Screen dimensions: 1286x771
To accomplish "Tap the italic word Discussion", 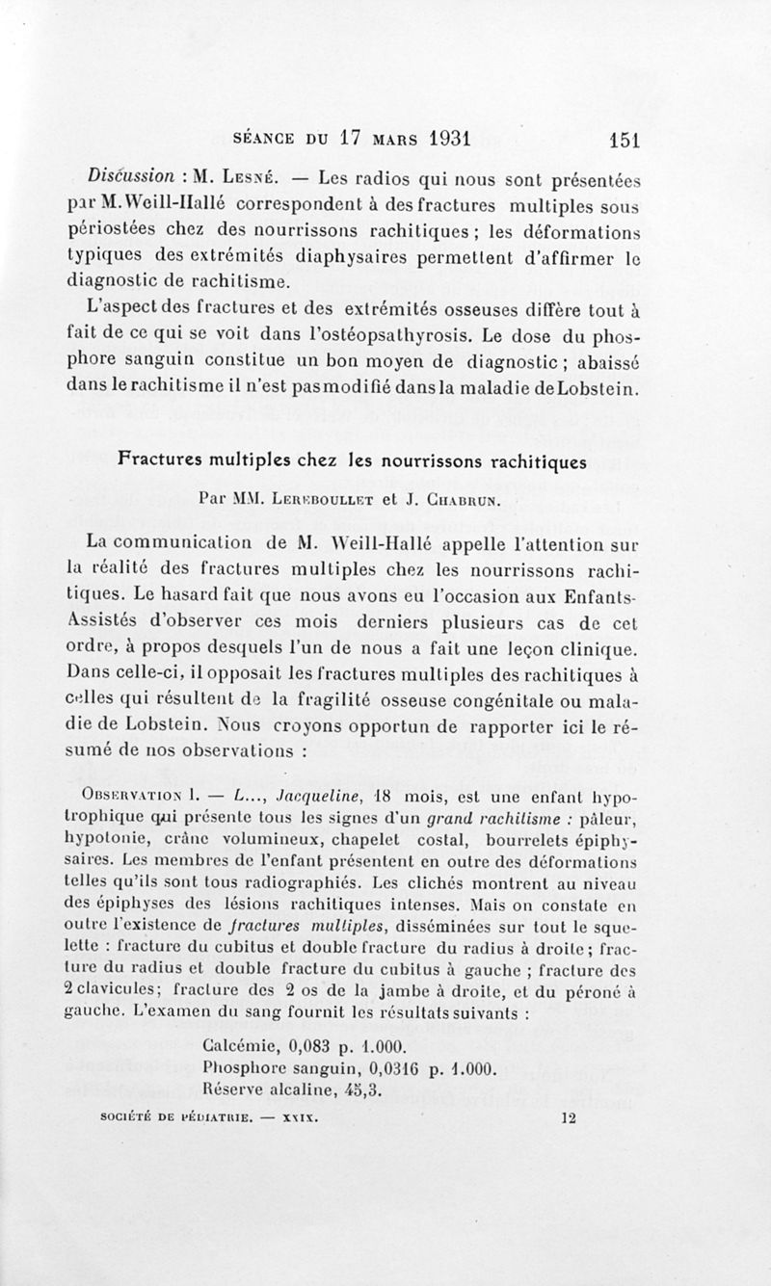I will point(129,177).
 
